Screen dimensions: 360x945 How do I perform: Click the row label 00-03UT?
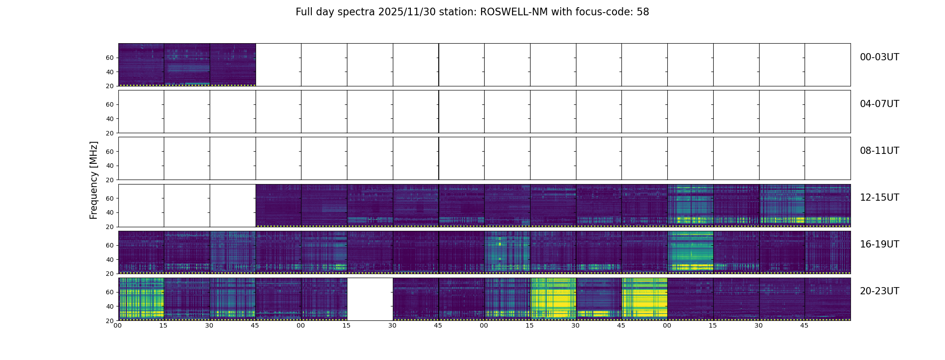879,57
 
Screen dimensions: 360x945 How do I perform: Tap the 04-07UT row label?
879,104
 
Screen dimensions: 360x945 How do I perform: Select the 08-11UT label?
879,151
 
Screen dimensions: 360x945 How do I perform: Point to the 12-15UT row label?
879,198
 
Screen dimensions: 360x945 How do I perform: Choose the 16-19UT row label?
879,244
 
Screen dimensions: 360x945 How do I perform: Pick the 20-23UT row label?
879,291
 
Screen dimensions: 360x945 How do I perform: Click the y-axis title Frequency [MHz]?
94,180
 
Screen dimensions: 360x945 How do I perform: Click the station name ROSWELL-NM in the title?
514,12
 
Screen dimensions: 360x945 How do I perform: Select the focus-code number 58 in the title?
643,12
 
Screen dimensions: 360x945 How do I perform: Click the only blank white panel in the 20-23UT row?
370,299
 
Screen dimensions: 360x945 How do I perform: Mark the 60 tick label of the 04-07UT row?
109,104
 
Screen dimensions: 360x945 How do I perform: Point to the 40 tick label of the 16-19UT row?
109,260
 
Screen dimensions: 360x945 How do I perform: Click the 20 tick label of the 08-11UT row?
109,180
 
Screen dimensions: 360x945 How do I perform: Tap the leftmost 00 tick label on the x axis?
117,325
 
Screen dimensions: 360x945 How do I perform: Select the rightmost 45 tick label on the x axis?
804,325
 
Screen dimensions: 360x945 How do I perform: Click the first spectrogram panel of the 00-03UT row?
141,64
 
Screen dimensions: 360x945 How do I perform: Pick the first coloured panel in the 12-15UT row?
279,205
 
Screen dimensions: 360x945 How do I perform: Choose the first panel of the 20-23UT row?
141,299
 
